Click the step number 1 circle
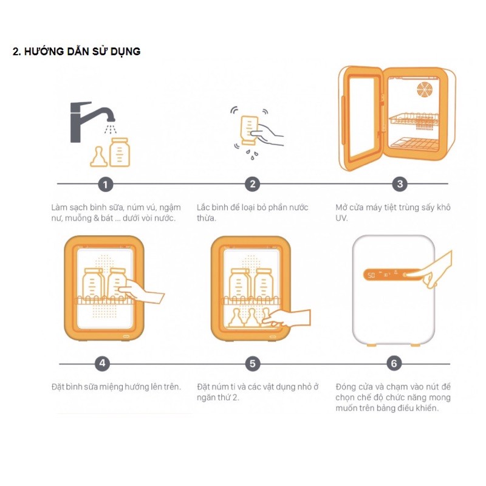pyautogui.click(x=105, y=185)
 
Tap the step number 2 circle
pyautogui.click(x=253, y=184)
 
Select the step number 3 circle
pyautogui.click(x=400, y=184)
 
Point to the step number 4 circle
pyautogui.click(x=102, y=363)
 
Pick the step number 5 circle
pyautogui.click(x=253, y=363)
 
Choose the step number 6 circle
pyautogui.click(x=394, y=363)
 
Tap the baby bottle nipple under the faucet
pyautogui.click(x=98, y=157)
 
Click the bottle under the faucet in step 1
pyautogui.click(x=120, y=152)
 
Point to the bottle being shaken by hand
pyautogui.click(x=248, y=130)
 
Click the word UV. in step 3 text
pyautogui.click(x=341, y=218)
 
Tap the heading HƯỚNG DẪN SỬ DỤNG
pyautogui.click(x=82, y=51)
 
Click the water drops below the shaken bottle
pyautogui.click(x=252, y=155)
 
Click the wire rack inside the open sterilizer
pyautogui.click(x=414, y=121)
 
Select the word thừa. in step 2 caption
pyautogui.click(x=207, y=218)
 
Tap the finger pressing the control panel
pyautogui.click(x=417, y=275)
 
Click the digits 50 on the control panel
pyautogui.click(x=371, y=275)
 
